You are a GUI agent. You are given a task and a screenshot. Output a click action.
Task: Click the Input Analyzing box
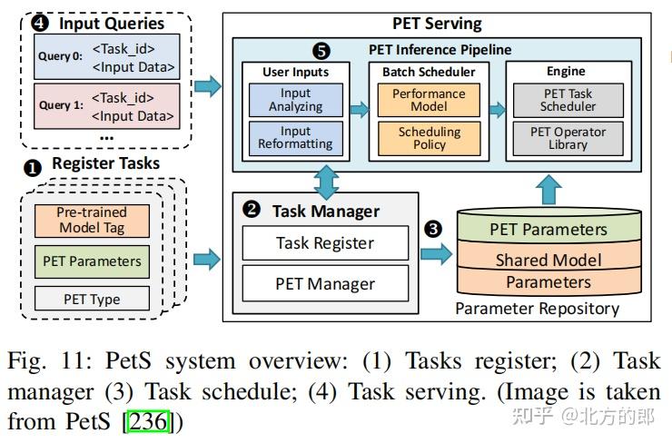pyautogui.click(x=295, y=100)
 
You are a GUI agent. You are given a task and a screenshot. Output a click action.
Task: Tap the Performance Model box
pyautogui.click(x=430, y=100)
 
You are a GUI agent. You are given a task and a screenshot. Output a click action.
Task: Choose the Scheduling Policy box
pyautogui.click(x=430, y=138)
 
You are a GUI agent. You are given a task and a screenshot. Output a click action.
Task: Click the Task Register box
pyautogui.click(x=324, y=242)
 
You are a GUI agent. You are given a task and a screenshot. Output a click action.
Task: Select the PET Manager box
pyautogui.click(x=324, y=284)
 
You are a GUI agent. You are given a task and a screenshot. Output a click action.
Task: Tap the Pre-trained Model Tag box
pyautogui.click(x=92, y=220)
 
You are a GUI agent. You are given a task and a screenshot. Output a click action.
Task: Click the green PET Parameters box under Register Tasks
pyautogui.click(x=92, y=261)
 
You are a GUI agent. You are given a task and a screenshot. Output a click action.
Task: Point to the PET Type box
pyautogui.click(x=92, y=299)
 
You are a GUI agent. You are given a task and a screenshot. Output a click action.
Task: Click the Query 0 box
pyautogui.click(x=106, y=56)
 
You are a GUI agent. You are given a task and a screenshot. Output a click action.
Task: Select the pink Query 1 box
pyautogui.click(x=106, y=104)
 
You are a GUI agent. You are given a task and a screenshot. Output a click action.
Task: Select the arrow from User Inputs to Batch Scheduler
pyautogui.click(x=359, y=110)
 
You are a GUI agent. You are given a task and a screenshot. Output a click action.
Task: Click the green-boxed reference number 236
pyautogui.click(x=145, y=422)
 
